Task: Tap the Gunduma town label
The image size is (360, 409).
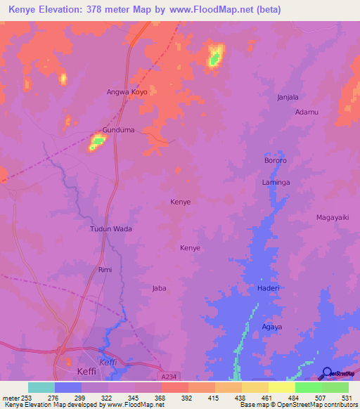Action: click(x=117, y=131)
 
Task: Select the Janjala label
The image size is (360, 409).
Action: click(x=293, y=97)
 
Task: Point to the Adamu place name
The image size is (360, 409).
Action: click(x=307, y=112)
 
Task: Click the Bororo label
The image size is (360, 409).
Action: click(x=276, y=161)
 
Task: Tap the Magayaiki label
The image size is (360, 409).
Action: click(x=333, y=217)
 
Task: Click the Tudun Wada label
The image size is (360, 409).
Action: click(x=111, y=229)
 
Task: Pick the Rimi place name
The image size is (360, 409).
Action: click(x=105, y=269)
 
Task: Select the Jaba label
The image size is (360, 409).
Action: click(x=160, y=288)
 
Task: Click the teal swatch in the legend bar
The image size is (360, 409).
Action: click(x=41, y=387)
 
